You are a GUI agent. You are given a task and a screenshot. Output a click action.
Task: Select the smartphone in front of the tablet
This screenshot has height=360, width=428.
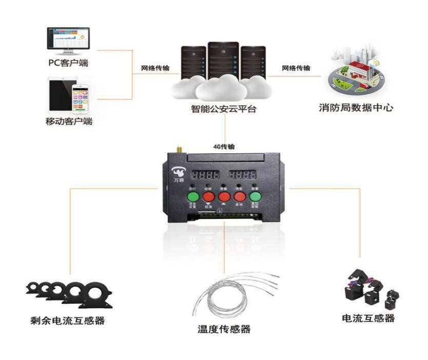click(x=80, y=97)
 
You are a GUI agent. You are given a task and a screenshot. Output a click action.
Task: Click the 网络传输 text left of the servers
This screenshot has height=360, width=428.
click(x=157, y=68)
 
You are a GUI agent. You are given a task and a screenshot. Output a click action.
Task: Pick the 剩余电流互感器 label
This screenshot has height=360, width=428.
click(x=67, y=321)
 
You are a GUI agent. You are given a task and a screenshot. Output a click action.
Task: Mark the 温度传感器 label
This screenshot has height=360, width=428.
click(x=224, y=329)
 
